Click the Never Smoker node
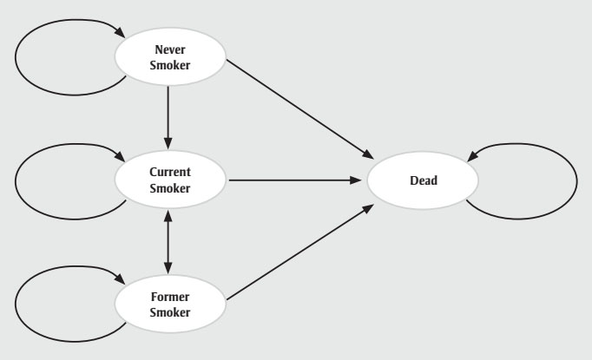[170, 57]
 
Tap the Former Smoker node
[170, 299]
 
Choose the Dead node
[423, 181]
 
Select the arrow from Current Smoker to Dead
[295, 181]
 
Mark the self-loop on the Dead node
[576, 181]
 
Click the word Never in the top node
[170, 50]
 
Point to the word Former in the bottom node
[170, 292]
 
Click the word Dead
[423, 181]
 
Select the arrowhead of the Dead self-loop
[472, 158]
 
